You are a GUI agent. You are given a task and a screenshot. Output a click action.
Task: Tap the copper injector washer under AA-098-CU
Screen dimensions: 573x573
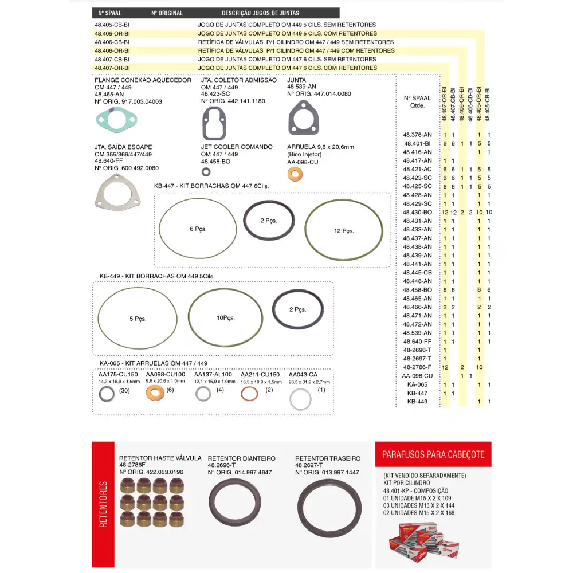tap(294, 174)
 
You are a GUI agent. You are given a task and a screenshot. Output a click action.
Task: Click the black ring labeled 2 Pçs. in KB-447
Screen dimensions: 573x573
tap(269, 221)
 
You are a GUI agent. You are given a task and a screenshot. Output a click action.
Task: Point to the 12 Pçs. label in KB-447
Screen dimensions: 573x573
tap(344, 231)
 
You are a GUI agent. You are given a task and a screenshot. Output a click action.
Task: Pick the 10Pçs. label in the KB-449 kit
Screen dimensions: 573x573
tap(226, 317)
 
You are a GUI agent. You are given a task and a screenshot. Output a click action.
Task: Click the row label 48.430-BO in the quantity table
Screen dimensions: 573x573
tap(417, 213)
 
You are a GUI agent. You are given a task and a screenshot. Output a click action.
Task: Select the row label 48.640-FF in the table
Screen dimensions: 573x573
tap(417, 342)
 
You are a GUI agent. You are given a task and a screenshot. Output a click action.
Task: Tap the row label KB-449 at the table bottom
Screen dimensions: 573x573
tap(418, 402)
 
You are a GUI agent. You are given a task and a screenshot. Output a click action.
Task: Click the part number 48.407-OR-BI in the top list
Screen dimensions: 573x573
tap(112, 68)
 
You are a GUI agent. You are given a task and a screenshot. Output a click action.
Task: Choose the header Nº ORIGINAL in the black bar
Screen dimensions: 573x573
tap(167, 13)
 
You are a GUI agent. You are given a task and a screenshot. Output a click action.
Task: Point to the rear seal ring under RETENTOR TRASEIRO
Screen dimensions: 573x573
tap(329, 507)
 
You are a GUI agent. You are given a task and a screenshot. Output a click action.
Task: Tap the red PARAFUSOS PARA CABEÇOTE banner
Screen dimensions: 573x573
tap(433, 455)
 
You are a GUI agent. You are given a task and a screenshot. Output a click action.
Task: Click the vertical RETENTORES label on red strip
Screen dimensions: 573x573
tap(104, 504)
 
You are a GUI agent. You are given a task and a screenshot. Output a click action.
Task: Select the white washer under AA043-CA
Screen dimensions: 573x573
tap(300, 399)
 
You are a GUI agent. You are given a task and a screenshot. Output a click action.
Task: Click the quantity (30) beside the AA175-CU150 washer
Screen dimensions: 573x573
tap(124, 391)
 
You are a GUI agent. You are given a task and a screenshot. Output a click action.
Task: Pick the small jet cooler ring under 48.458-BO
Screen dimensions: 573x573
tap(206, 171)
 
